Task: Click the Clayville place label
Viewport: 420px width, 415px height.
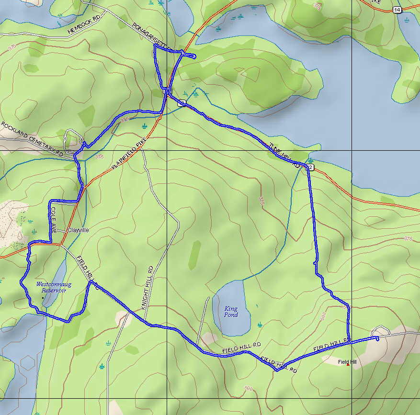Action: (78, 230)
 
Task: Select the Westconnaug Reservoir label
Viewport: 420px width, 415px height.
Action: (53, 287)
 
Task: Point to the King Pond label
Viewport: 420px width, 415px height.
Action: (231, 312)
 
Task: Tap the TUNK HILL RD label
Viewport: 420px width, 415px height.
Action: (284, 155)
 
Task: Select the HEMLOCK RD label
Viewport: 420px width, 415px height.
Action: (84, 30)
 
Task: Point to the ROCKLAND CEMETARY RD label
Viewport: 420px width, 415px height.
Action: (32, 139)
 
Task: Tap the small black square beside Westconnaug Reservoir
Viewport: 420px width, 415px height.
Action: (43, 298)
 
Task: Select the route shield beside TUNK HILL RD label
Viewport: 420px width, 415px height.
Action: (311, 167)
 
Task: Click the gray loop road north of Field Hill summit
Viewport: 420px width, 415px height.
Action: (381, 330)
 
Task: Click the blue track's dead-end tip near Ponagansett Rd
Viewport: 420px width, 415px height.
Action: (194, 57)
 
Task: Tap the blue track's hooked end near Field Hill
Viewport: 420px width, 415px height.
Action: (378, 339)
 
